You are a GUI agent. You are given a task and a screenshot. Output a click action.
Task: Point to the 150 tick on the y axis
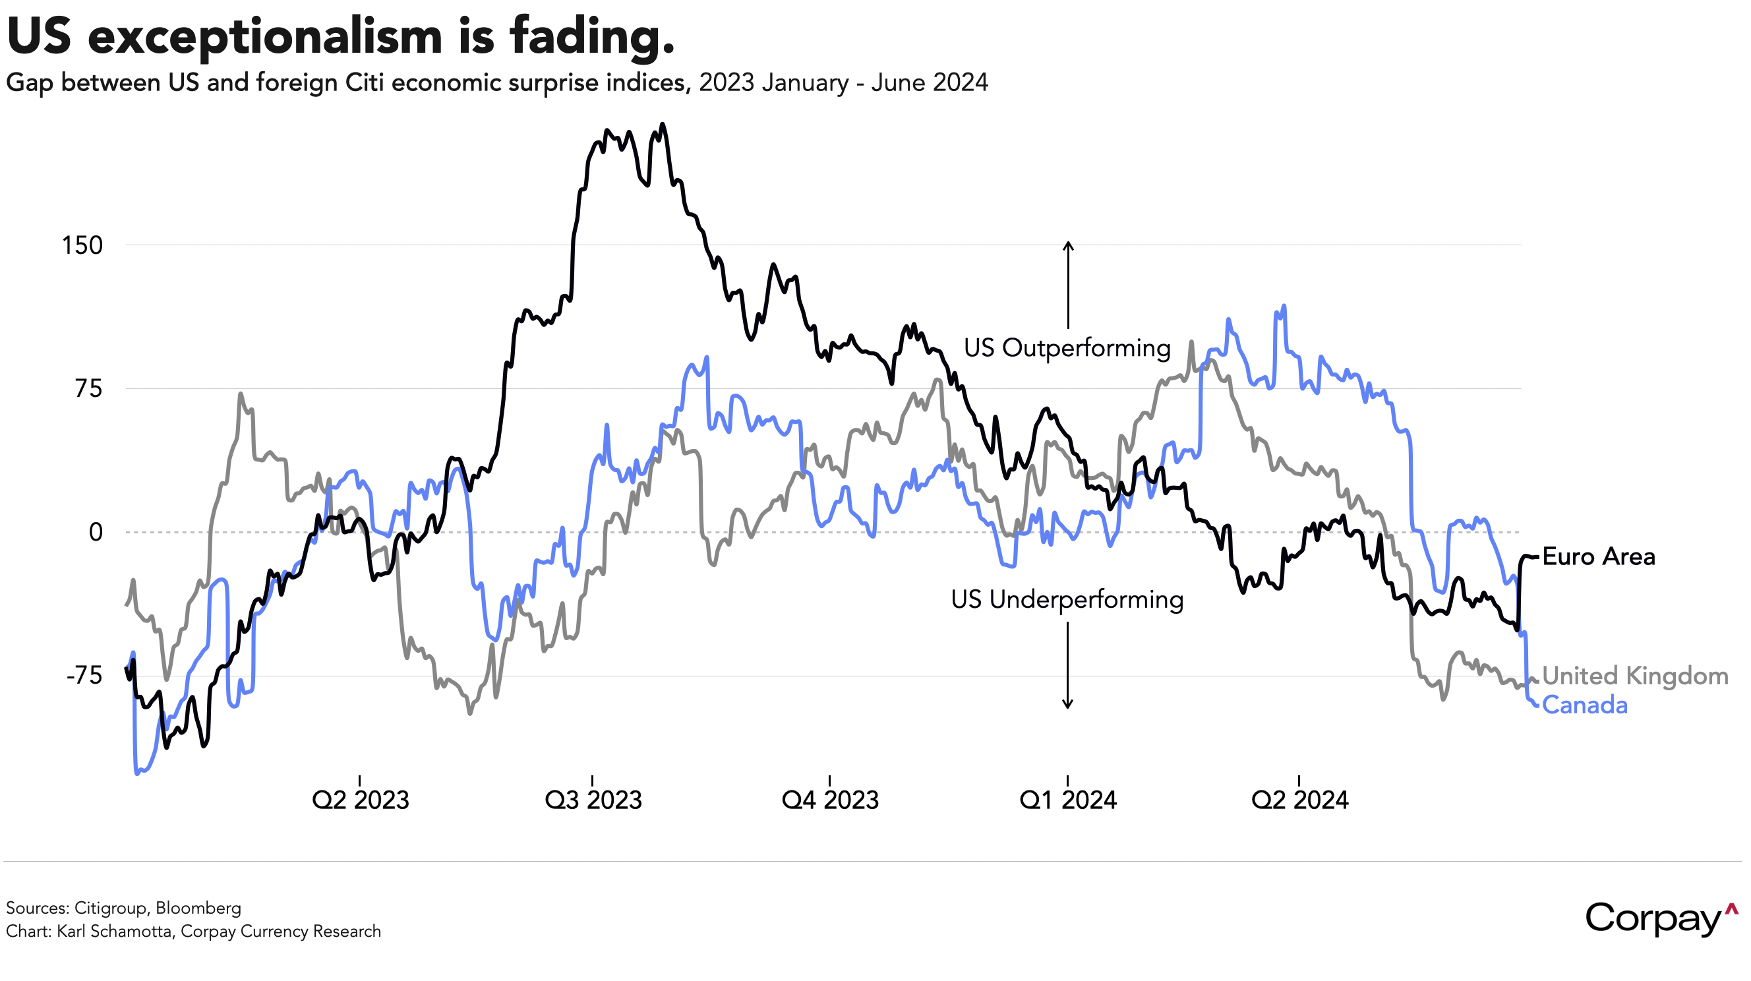point(82,245)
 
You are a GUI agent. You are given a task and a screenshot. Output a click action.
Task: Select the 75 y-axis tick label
point(88,389)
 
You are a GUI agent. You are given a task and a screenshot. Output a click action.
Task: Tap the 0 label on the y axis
point(96,532)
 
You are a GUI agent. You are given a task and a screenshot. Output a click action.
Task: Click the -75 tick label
point(84,676)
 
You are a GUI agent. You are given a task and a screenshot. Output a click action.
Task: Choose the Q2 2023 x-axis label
point(360,800)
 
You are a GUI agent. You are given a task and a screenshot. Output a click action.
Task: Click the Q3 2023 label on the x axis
point(593,800)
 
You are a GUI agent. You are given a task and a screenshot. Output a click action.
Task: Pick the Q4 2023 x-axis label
point(830,800)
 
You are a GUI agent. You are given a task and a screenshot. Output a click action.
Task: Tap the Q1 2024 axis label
point(1068,800)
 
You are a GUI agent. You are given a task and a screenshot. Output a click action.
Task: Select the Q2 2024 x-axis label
point(1299,800)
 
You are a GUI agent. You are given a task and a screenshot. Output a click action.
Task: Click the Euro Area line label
point(1599,557)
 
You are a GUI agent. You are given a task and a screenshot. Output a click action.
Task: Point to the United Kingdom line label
point(1635,676)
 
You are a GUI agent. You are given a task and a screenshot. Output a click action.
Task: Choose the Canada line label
point(1584,705)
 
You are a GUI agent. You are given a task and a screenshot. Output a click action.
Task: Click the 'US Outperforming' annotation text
point(1067,348)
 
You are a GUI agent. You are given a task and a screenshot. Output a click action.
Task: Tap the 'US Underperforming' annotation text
point(1067,600)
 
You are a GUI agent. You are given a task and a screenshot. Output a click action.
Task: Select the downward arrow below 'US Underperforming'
point(1067,667)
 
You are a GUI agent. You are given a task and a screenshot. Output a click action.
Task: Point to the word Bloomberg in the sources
point(198,908)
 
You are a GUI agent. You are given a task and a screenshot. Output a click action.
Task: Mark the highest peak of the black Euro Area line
point(663,125)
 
